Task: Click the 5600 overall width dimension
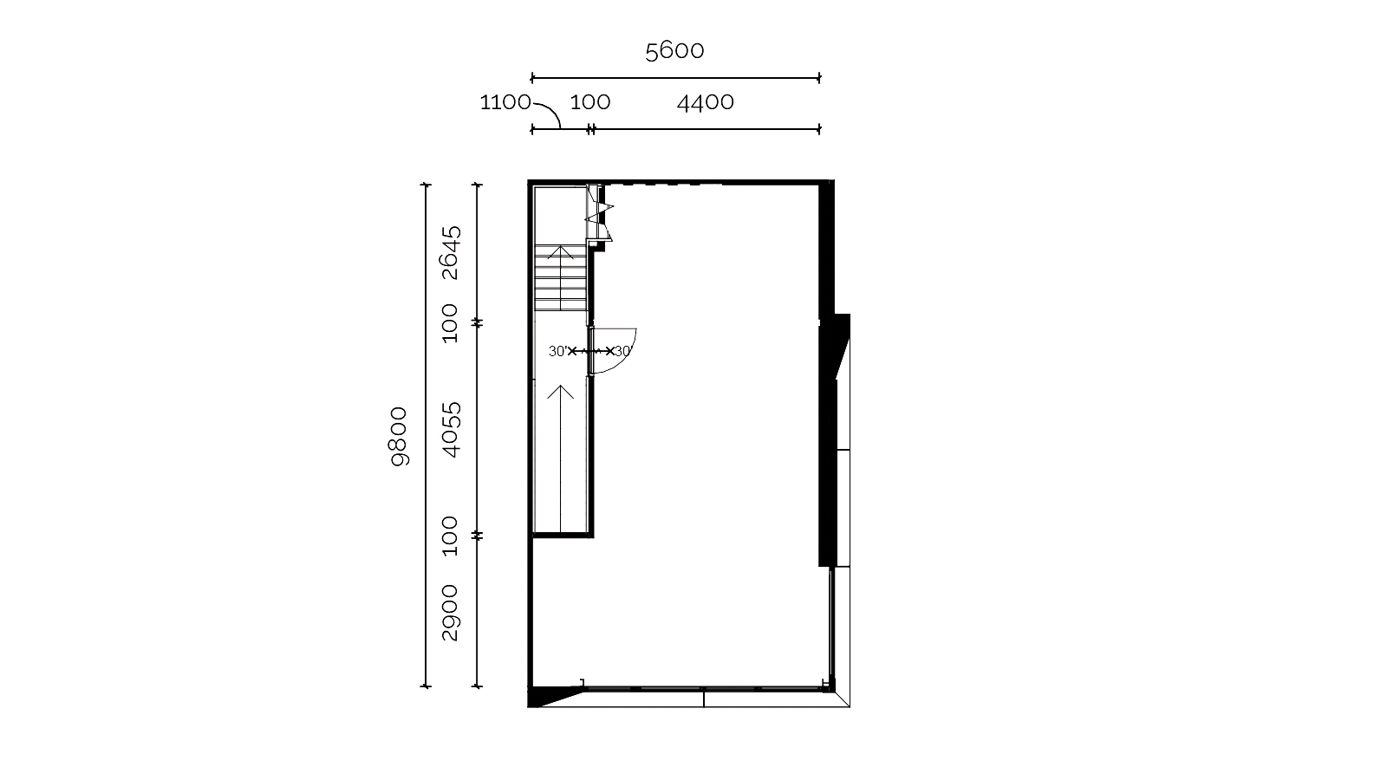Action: [674, 51]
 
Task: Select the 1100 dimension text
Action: [505, 102]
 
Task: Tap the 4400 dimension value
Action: [706, 102]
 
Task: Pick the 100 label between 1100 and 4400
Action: [590, 102]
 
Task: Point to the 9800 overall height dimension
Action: [399, 437]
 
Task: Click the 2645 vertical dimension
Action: [452, 252]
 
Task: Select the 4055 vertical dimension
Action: [452, 430]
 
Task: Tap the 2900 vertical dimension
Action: [450, 612]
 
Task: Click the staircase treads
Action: [560, 278]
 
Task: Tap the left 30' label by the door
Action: [557, 352]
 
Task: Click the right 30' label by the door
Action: [623, 352]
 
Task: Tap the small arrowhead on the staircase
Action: [560, 251]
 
